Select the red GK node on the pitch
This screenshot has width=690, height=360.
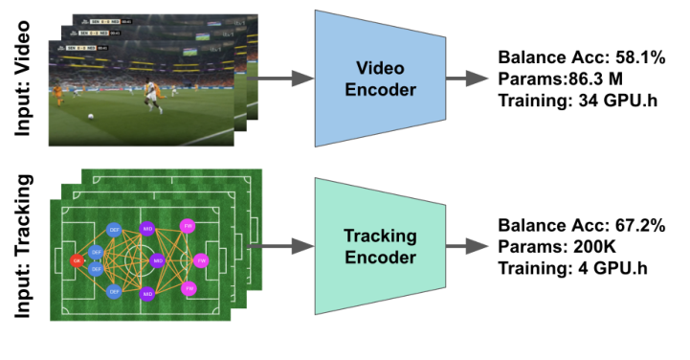tap(77, 259)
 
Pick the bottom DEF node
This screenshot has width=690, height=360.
tap(113, 290)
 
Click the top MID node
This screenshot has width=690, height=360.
tap(147, 229)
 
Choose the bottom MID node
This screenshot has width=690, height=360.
tap(147, 293)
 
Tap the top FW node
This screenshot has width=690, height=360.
tap(189, 228)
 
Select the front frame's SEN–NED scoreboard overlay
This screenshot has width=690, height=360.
tap(80, 51)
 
